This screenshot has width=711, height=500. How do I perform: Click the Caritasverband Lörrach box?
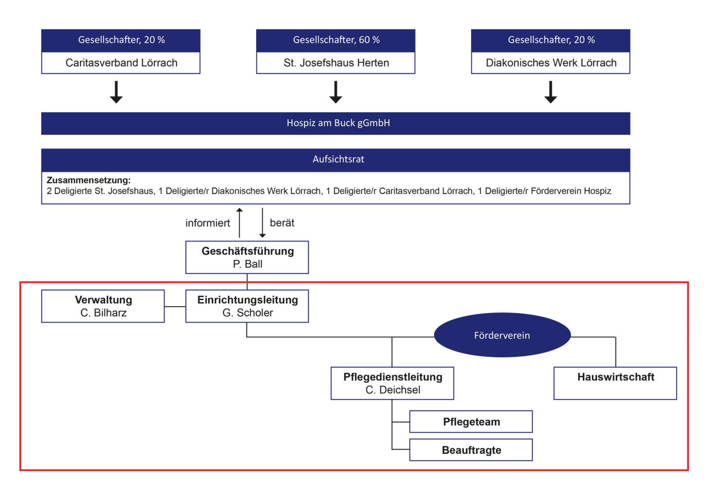[x=120, y=63]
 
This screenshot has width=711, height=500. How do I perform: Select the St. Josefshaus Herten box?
[x=336, y=63]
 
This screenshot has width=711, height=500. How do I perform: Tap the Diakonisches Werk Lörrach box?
[x=551, y=63]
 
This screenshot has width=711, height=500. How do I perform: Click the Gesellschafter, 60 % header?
[x=336, y=40]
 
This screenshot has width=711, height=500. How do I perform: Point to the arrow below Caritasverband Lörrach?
[x=116, y=92]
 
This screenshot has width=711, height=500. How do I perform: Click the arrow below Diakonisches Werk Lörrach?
[x=551, y=92]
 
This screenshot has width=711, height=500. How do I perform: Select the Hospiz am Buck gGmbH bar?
[x=336, y=123]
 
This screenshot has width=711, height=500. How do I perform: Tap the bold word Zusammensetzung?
[x=88, y=180]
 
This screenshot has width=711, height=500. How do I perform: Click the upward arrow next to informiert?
[x=240, y=223]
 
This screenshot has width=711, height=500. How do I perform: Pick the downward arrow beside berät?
[x=262, y=223]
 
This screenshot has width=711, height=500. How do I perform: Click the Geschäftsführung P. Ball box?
[x=247, y=257]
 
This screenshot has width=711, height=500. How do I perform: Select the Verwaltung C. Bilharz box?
[x=103, y=306]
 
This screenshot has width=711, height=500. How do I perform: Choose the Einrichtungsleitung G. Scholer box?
[x=247, y=306]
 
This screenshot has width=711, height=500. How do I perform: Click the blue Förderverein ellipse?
[x=502, y=335]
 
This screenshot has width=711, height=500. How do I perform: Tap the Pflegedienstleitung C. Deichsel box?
[x=392, y=383]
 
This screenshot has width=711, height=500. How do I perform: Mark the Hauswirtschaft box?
[x=615, y=383]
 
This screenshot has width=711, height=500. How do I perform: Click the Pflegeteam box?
[x=471, y=422]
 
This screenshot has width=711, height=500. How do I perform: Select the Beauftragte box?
[x=471, y=450]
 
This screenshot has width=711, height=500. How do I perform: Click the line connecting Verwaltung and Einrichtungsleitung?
[x=175, y=306]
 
